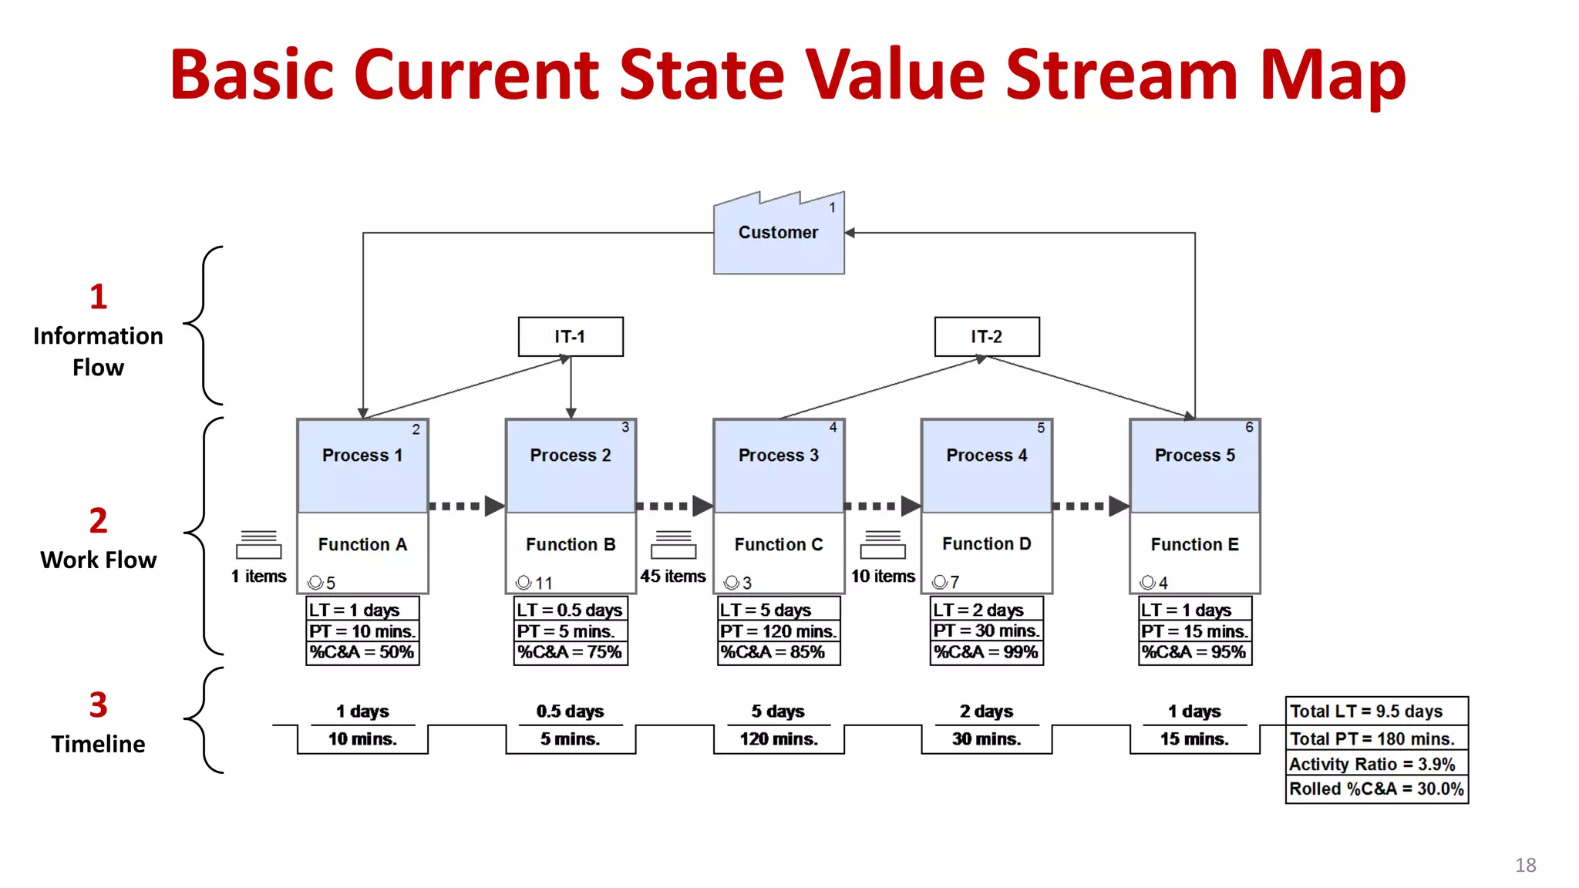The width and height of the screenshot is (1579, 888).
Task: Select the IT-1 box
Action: [571, 337]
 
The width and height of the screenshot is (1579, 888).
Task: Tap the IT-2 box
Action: [987, 337]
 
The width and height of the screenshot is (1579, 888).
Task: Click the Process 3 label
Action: [779, 456]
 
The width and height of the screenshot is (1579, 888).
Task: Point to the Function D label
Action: [987, 544]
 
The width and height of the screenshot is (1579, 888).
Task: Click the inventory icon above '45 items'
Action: [674, 544]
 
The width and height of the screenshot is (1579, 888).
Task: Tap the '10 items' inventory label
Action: [883, 577]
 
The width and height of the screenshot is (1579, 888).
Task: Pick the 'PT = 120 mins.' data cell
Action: [779, 631]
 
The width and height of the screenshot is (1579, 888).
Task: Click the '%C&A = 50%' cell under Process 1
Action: [362, 652]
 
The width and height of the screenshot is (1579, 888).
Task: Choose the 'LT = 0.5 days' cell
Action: [571, 610]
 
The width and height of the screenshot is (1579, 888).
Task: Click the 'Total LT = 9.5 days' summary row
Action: [1376, 711]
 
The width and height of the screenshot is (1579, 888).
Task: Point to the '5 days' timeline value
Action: [779, 711]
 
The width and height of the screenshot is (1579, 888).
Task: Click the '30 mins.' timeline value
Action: [987, 739]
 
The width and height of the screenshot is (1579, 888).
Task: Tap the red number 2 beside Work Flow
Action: [98, 521]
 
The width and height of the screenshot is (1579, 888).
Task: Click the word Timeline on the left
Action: [98, 744]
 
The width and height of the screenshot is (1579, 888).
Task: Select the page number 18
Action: [1525, 865]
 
